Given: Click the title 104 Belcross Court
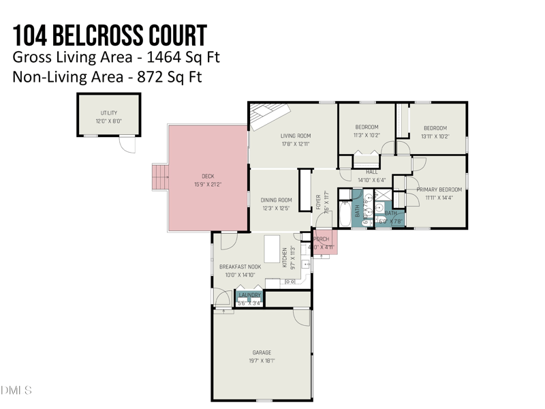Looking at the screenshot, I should click(110, 33).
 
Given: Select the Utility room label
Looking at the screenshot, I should click(109, 113).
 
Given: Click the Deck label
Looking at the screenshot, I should click(207, 177).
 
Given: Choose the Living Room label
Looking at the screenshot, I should click(296, 136).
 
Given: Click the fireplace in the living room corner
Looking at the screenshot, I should click(268, 116).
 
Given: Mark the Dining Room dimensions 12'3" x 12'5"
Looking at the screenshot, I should click(276, 208).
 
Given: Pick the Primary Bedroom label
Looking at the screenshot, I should click(439, 190).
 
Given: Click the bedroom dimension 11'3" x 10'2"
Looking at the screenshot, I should click(367, 135).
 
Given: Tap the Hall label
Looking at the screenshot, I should click(372, 172).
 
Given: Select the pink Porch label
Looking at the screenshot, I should click(322, 239).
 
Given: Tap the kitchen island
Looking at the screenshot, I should click(272, 249).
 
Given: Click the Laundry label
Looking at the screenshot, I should click(249, 295).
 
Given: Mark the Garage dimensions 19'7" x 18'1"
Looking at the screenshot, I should click(262, 361).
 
